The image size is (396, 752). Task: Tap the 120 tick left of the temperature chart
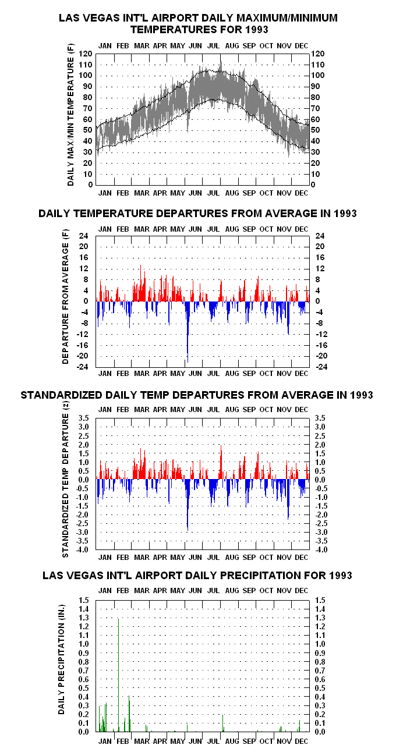tap(85, 54)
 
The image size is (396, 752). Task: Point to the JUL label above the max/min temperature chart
tap(213, 45)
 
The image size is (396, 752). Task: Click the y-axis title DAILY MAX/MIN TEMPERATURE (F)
tap(70, 115)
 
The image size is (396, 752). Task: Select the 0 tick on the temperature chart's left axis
tap(90, 185)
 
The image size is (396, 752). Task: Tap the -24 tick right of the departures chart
tap(321, 367)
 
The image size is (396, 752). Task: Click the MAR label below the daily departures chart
tap(142, 373)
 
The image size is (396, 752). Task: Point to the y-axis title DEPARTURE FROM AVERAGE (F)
tap(65, 296)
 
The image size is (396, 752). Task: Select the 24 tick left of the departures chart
tap(84, 236)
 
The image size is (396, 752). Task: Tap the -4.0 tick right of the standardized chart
tap(321, 549)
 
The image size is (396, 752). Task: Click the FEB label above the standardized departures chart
tap(123, 410)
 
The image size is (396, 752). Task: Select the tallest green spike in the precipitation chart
tap(119, 675)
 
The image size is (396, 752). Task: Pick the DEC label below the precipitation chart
tap(301, 741)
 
